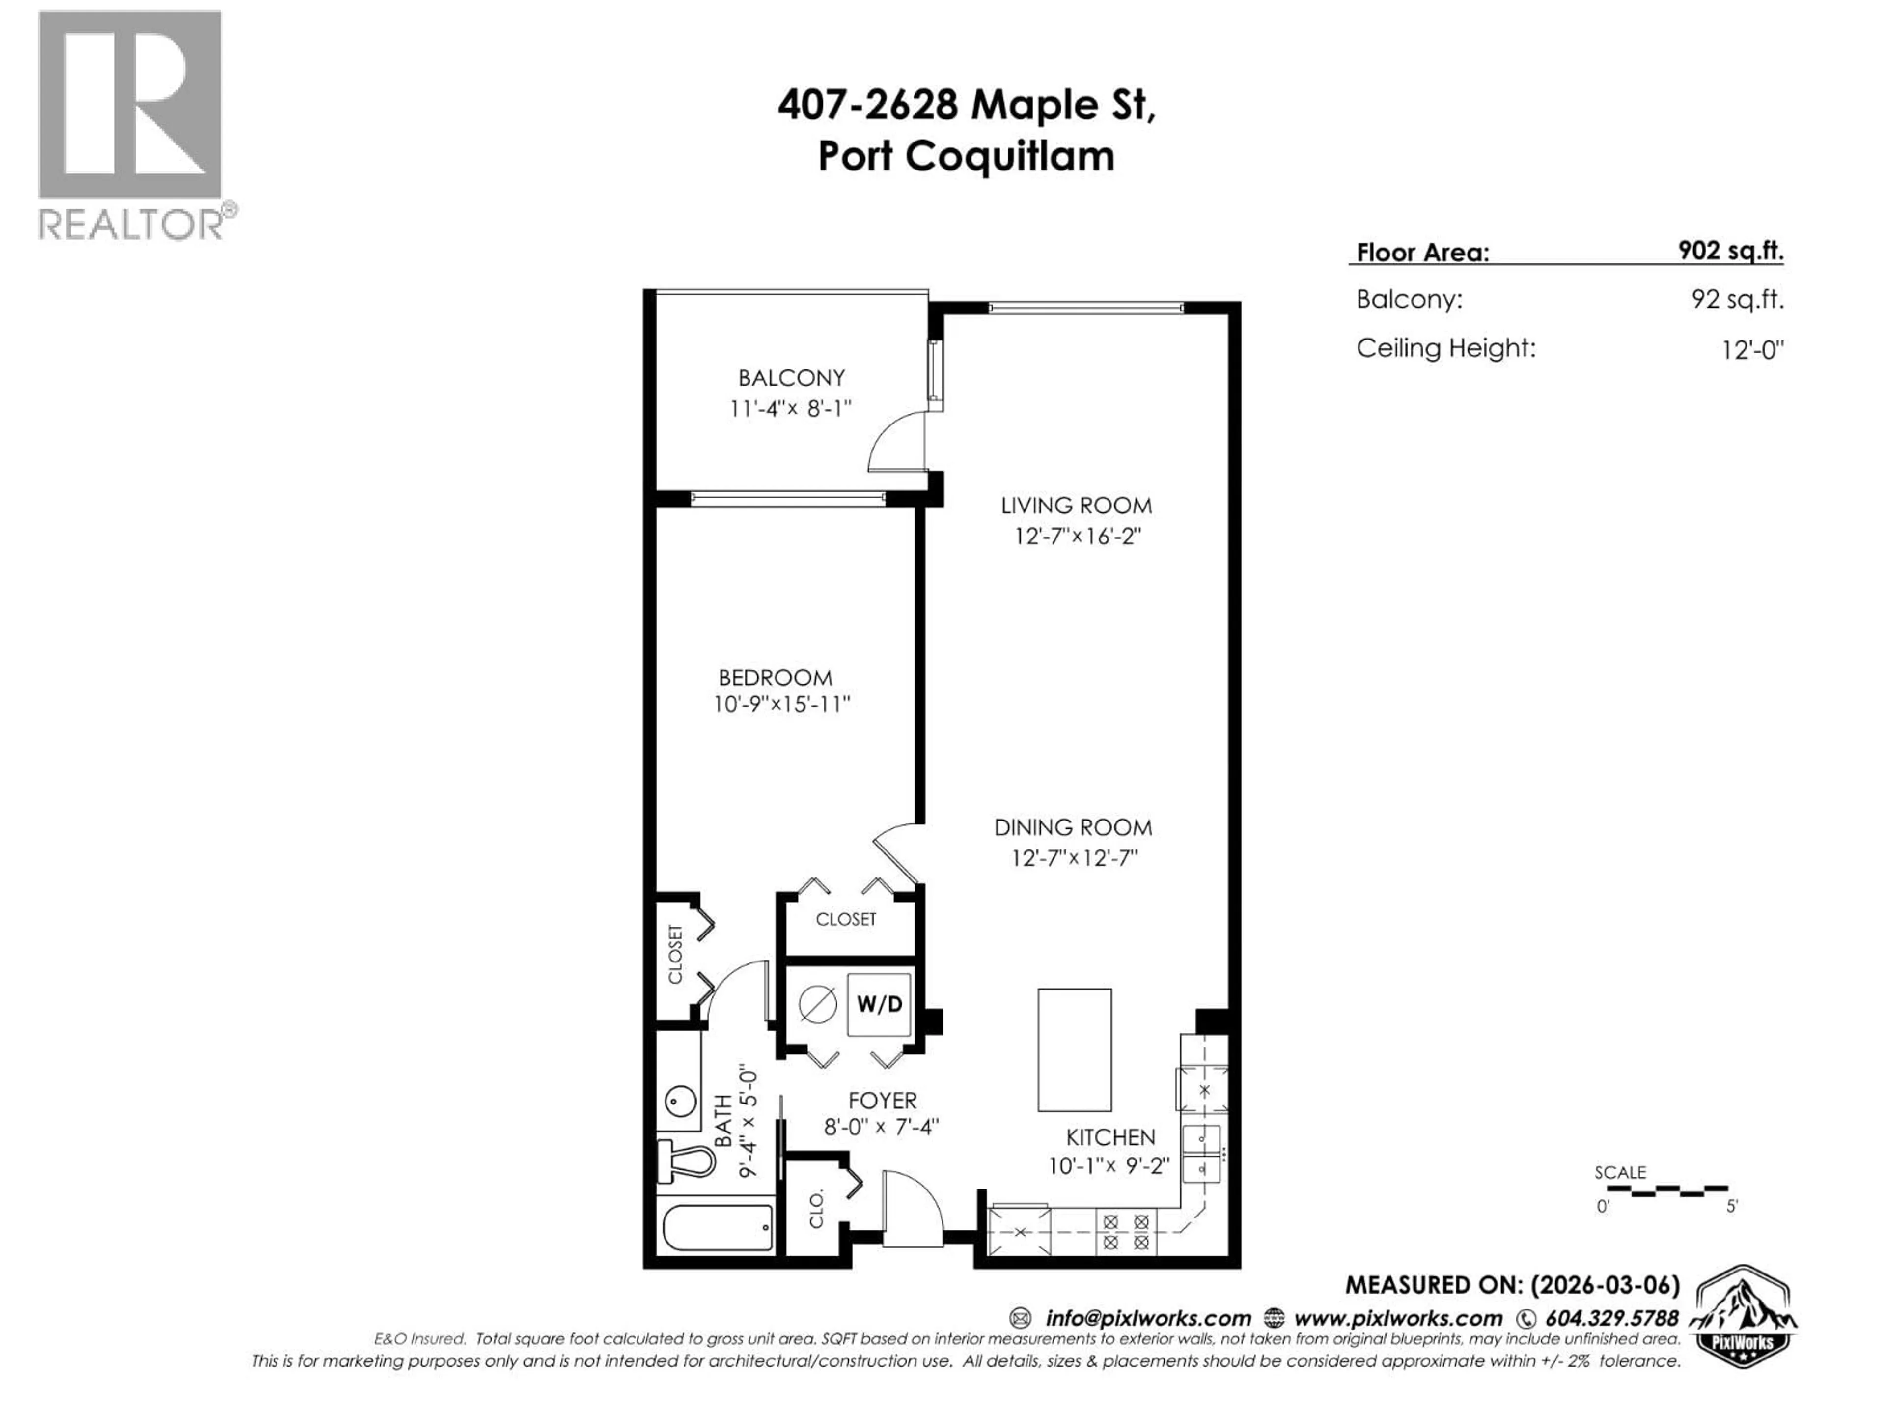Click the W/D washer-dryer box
(879, 1005)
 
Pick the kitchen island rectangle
(1074, 1050)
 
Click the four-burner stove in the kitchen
(1126, 1232)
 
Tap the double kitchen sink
(1201, 1152)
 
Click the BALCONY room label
(791, 378)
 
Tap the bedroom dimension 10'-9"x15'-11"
(782, 705)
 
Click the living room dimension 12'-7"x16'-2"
(1077, 537)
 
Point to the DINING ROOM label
(1073, 827)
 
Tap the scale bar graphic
(1661, 1189)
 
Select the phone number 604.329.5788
(1611, 1319)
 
